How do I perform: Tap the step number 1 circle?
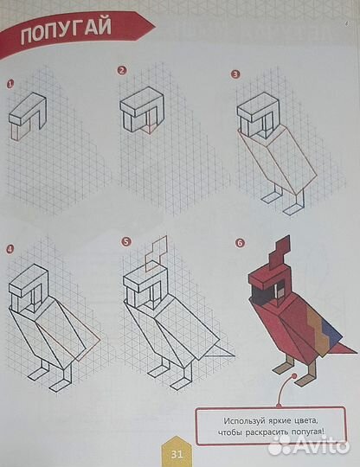11,85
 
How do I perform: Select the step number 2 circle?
122,70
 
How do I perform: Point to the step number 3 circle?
235,74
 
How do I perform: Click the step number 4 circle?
10,250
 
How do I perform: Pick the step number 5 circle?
125,241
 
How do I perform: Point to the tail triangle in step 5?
222,349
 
